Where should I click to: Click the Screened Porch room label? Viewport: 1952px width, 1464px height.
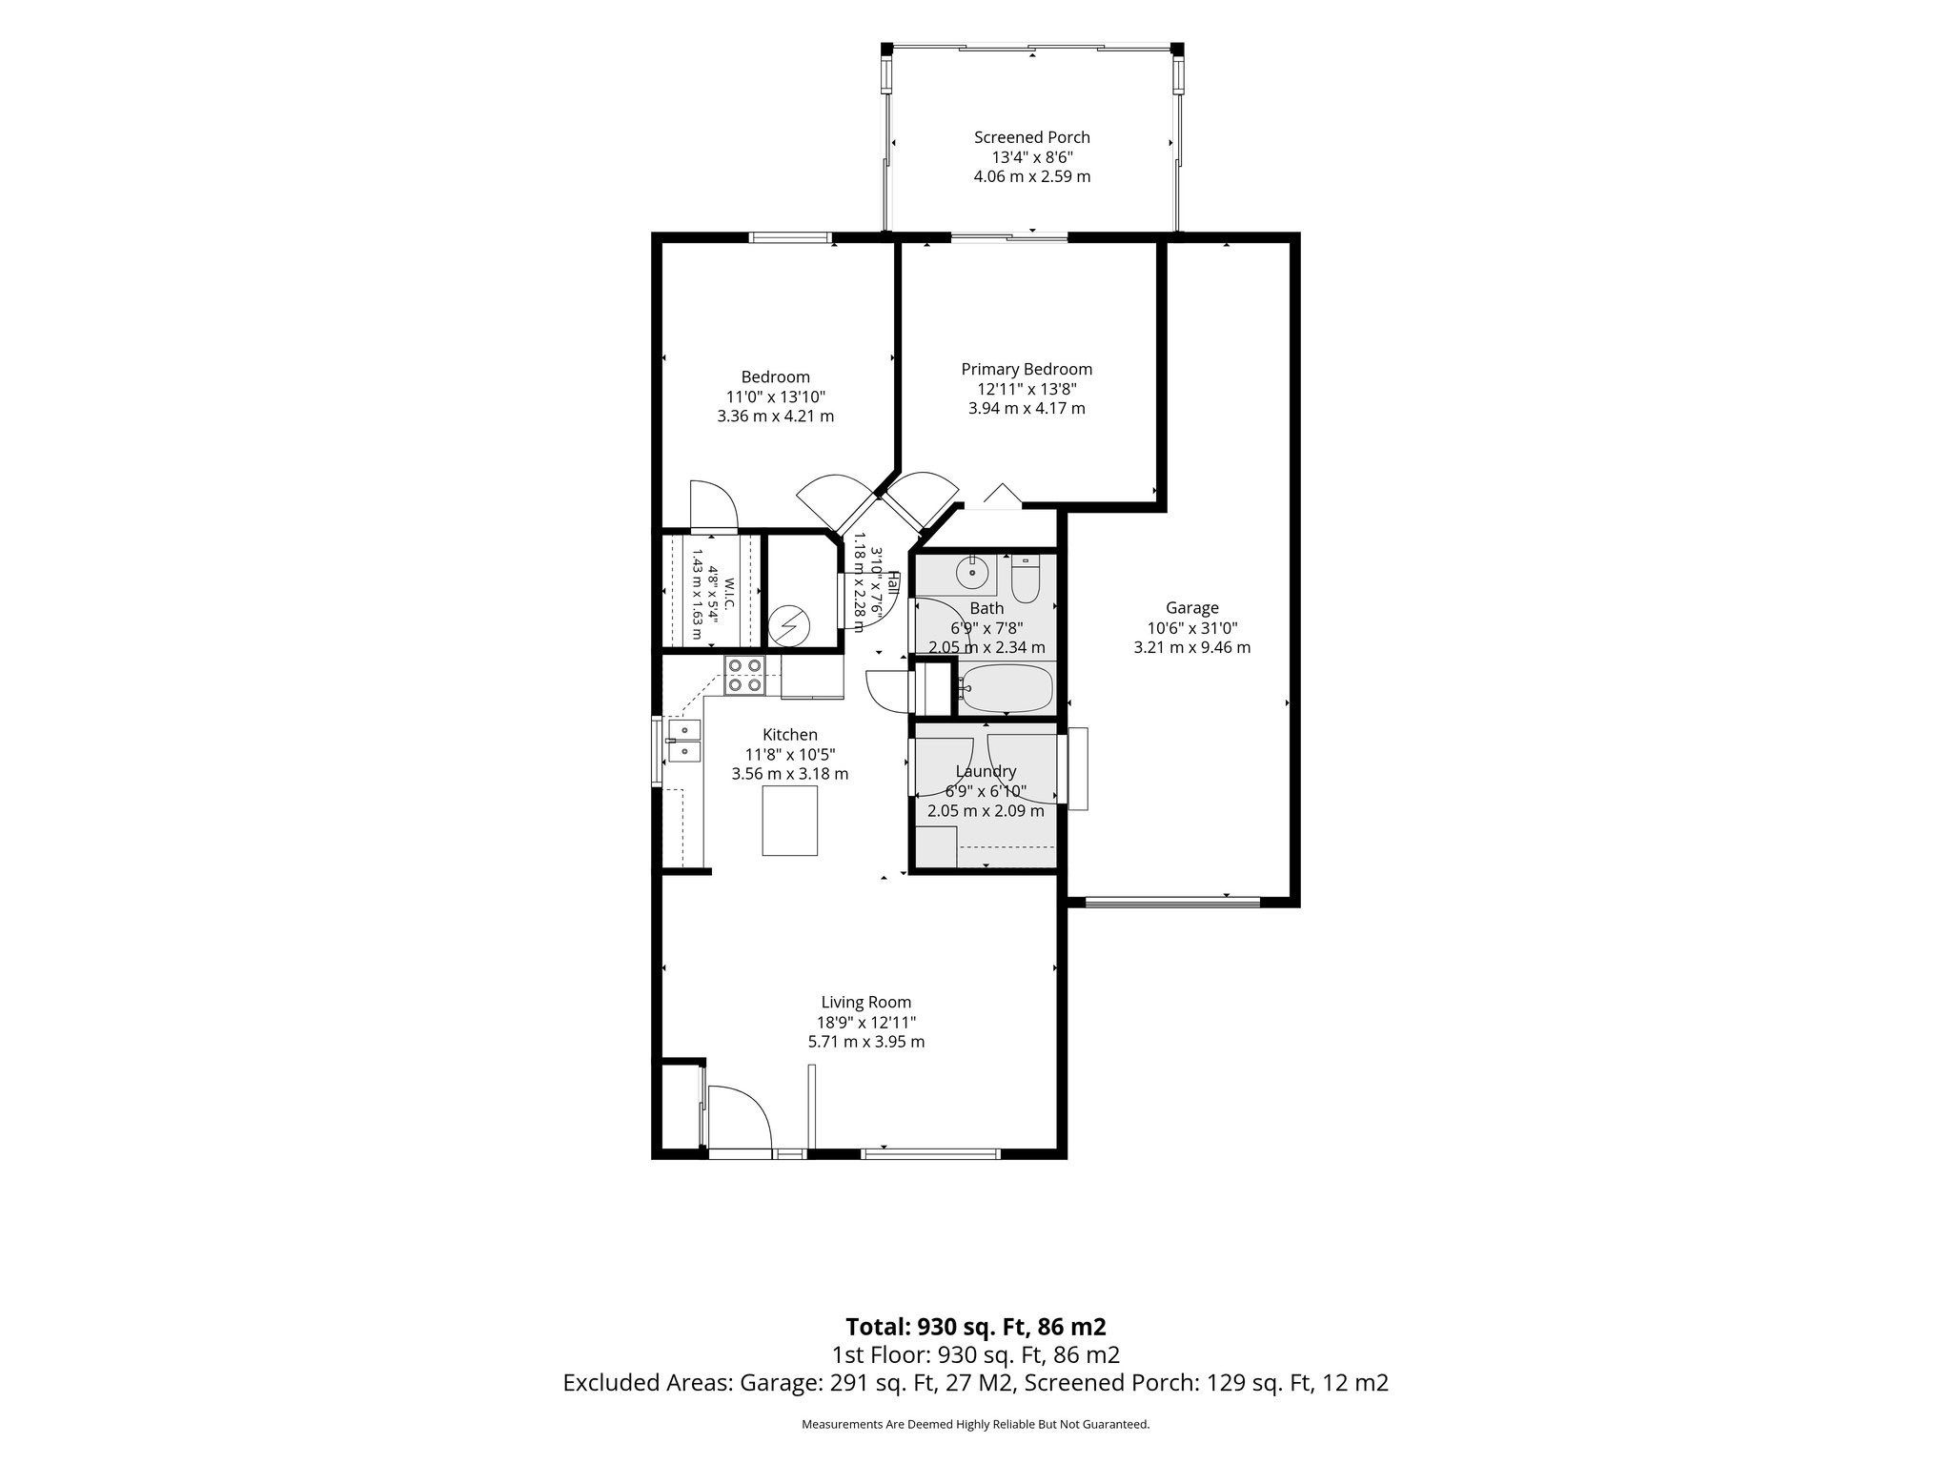[1031, 137]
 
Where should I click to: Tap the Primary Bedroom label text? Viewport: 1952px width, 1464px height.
[1027, 369]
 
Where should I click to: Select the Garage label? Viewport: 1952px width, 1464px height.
[1191, 607]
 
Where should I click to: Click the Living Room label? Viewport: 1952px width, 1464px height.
[866, 1002]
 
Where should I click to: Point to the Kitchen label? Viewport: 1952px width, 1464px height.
[790, 734]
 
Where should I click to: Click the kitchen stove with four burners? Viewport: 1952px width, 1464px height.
[743, 675]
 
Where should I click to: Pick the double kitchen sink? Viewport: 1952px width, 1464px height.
[684, 742]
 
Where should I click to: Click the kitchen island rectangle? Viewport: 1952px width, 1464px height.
[790, 820]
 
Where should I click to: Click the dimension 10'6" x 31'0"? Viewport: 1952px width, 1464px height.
[1192, 627]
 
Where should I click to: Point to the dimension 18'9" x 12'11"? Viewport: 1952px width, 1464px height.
[866, 1022]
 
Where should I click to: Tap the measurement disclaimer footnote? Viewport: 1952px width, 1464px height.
[976, 1424]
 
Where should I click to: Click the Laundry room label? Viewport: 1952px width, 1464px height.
[986, 771]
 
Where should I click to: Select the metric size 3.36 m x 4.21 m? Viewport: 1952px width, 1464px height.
[776, 416]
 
